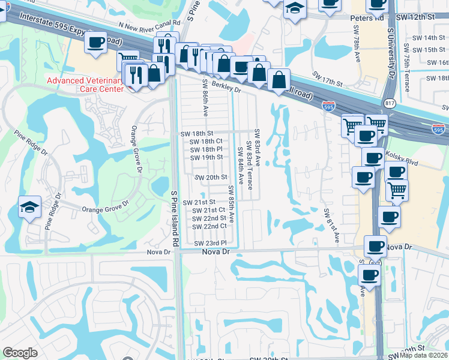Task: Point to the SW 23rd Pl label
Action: [x=211, y=243]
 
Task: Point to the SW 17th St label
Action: [x=327, y=78]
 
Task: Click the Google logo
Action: [x=20, y=353]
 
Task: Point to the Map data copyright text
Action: [x=424, y=355]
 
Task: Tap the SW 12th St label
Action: [x=420, y=17]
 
